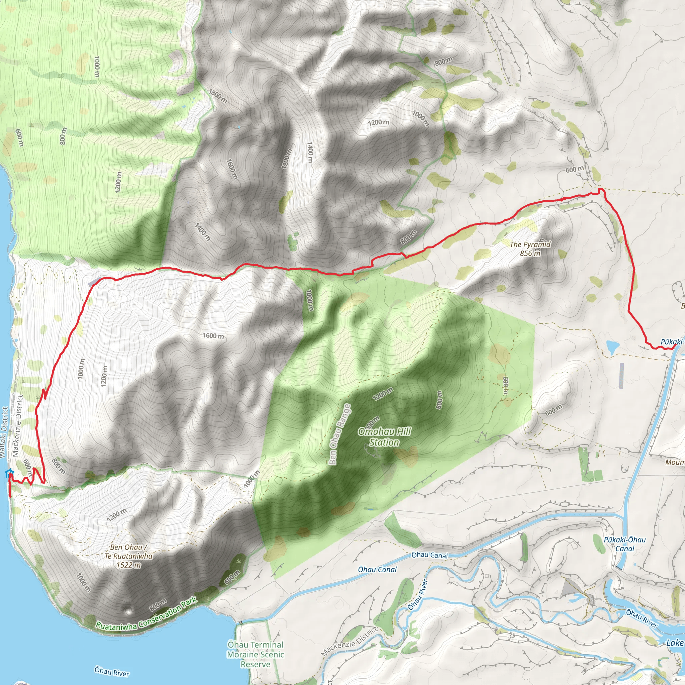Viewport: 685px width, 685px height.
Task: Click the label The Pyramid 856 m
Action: (530, 249)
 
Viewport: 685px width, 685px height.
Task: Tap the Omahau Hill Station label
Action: (384, 437)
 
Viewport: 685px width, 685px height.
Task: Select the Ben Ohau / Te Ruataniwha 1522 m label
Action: (128, 556)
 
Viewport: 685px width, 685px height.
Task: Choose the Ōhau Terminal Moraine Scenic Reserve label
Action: (255, 654)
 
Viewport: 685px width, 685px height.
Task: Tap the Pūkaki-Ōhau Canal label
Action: (625, 544)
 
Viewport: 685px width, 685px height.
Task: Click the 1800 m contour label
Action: (218, 96)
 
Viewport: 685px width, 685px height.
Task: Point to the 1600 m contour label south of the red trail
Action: (213, 335)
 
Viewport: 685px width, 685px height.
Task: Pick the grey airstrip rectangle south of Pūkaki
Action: (621, 375)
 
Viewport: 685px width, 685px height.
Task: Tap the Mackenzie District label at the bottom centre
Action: (349, 642)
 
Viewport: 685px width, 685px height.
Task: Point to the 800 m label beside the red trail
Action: (408, 237)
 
